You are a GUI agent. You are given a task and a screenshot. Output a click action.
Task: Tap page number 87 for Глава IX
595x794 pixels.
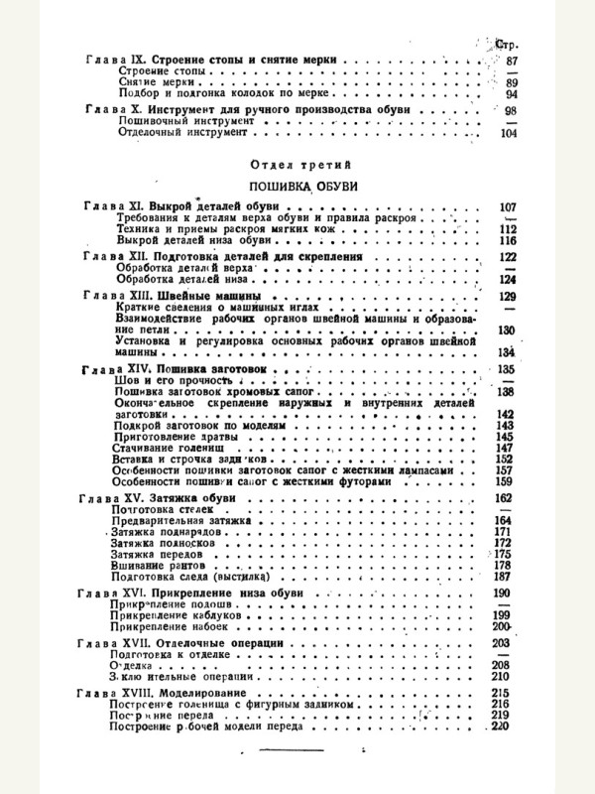(x=511, y=61)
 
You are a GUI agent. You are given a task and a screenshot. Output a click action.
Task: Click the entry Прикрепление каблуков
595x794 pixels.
(x=177, y=615)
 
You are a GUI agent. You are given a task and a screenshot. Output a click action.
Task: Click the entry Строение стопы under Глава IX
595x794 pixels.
(x=159, y=71)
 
